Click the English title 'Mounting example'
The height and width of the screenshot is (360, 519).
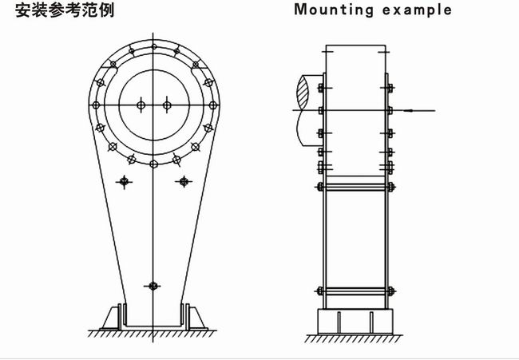(x=373, y=10)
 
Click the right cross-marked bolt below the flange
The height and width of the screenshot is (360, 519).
(x=184, y=182)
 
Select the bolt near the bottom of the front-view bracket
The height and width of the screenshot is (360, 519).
(x=153, y=285)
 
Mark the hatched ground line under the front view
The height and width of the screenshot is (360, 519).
(x=152, y=331)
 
